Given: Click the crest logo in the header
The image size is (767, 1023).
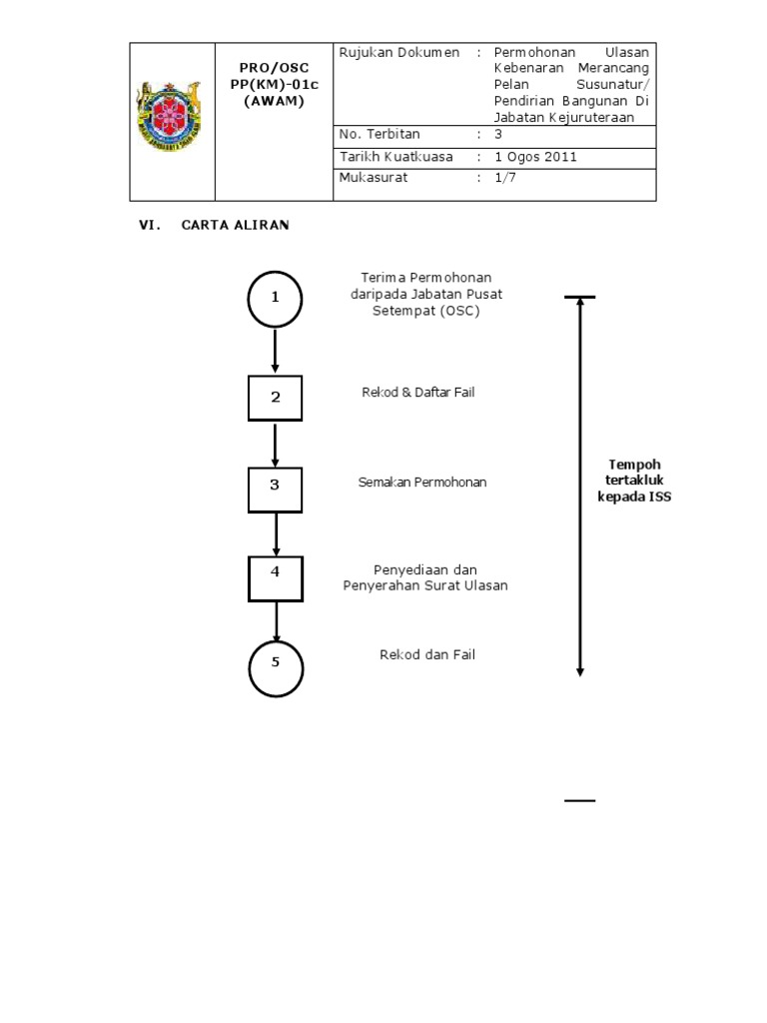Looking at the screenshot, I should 172,122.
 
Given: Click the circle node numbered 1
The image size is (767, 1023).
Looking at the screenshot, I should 275,298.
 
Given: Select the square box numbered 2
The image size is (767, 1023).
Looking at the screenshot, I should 276,397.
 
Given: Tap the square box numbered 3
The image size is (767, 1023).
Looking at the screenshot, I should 276,485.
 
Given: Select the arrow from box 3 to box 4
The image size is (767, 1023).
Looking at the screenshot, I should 276,533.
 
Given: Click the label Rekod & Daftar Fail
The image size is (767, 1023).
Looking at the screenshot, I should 417,393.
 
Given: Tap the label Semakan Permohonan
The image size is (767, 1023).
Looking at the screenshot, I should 422,483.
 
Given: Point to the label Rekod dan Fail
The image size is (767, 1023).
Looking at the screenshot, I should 426,654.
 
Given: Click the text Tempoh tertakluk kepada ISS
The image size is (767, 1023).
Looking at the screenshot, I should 634,481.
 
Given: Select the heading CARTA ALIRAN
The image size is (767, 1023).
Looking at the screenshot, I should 235,226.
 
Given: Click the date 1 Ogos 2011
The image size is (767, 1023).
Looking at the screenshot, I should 535,157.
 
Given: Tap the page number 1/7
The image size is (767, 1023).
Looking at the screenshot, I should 505,178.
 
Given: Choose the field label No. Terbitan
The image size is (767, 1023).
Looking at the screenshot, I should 380,135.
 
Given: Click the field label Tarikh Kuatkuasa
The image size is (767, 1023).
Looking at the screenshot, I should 395,157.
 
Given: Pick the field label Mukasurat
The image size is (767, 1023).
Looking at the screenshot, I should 374,178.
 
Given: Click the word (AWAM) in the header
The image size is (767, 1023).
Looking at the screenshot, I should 274,101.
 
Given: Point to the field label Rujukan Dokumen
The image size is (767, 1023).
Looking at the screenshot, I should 399,52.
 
